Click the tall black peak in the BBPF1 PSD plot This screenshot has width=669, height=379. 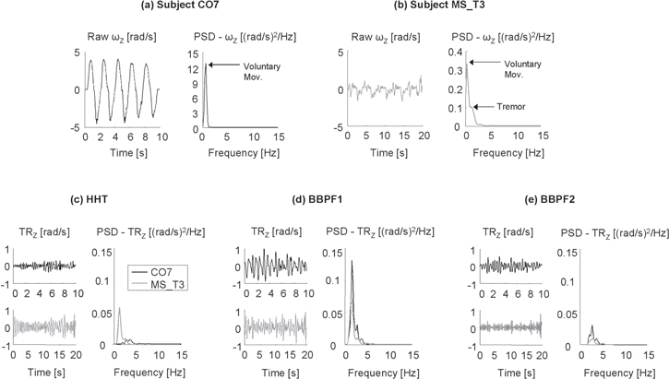(352, 263)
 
